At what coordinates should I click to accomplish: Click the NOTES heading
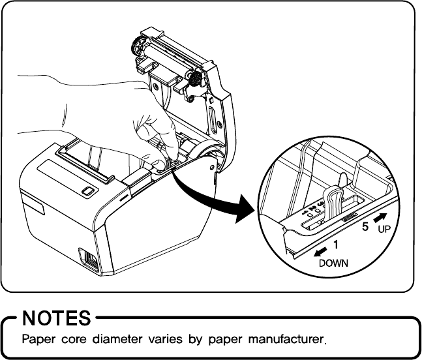coord(56,318)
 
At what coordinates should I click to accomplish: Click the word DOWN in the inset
coord(333,263)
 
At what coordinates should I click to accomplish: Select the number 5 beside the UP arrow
coord(366,228)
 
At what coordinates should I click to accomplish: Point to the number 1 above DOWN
coord(336,245)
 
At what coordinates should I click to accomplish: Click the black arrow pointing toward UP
coord(380,217)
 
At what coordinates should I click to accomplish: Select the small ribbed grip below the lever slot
coord(350,217)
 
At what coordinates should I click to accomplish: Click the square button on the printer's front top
coord(87,190)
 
